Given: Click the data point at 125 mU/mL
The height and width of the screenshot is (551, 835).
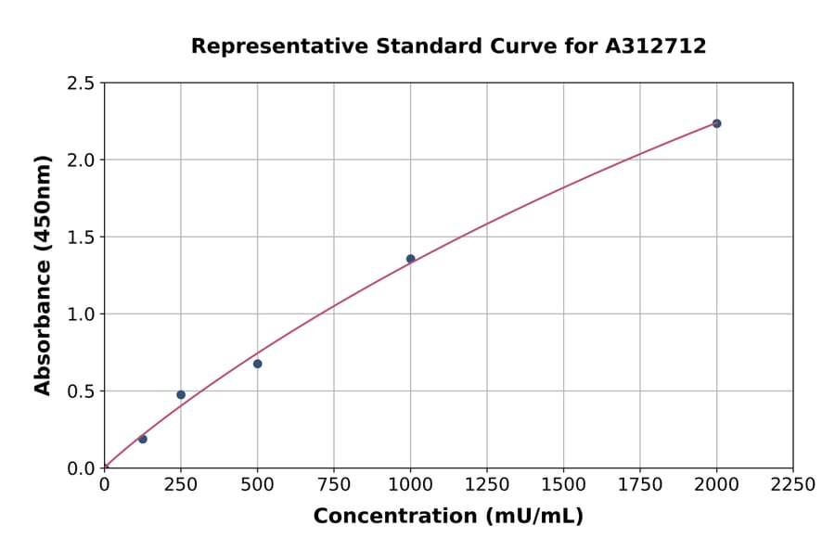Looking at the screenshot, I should (x=143, y=439).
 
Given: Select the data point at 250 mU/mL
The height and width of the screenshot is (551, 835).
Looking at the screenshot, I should (x=181, y=395).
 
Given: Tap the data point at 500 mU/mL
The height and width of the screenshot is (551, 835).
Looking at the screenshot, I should (x=258, y=364).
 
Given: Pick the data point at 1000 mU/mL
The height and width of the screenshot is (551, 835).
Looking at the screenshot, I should (x=410, y=259).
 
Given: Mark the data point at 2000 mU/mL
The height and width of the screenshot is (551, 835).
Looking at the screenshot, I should (x=716, y=123).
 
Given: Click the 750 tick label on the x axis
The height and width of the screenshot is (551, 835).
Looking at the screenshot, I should (x=334, y=485).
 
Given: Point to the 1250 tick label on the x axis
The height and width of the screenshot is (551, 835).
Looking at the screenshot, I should (x=487, y=485).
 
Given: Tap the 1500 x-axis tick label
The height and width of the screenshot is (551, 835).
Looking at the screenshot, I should (x=563, y=485).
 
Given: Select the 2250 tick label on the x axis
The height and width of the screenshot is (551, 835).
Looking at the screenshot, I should (x=793, y=485).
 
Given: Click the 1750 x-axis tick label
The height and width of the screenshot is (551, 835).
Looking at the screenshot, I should (x=640, y=485).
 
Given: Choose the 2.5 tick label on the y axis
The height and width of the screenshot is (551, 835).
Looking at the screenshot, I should (x=82, y=83).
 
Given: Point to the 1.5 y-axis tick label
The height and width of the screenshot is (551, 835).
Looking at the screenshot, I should (x=82, y=237).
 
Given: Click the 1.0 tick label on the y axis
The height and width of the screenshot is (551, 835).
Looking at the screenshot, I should (x=82, y=314).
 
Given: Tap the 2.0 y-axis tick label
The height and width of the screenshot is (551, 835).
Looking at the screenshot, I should (x=82, y=160).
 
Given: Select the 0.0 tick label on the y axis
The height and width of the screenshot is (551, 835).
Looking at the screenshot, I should (x=82, y=468).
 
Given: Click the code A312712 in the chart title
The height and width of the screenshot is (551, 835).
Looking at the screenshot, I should (x=657, y=45).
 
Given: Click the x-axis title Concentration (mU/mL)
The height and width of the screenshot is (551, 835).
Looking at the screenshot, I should (x=448, y=517).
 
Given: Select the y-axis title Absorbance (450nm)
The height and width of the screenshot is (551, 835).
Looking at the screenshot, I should (x=43, y=275).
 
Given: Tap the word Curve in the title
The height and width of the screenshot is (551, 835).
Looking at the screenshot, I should (x=529, y=45).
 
